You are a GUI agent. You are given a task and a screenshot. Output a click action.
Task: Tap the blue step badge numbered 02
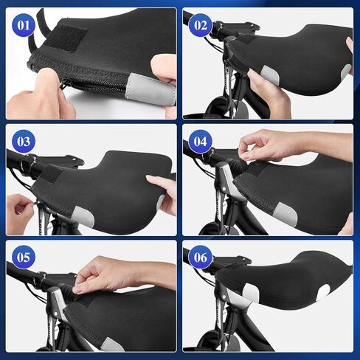click(x=201, y=25)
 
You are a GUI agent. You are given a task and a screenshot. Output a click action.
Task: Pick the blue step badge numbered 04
click(x=201, y=141)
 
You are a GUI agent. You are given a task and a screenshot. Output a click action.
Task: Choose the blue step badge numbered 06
click(x=201, y=258)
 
